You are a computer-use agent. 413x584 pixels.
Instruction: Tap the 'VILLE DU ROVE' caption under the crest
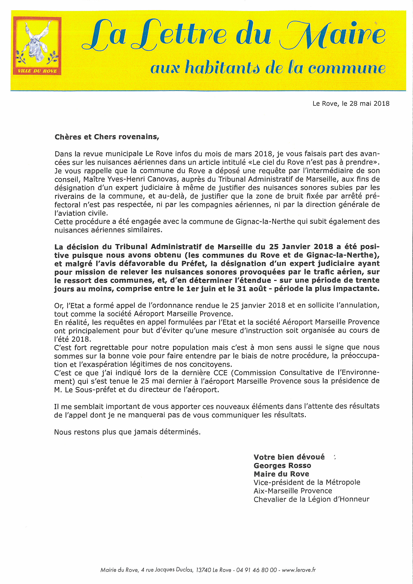click(37, 71)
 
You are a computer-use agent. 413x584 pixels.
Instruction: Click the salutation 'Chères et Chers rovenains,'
click(107, 137)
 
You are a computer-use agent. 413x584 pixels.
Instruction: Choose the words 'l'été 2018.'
click(72, 339)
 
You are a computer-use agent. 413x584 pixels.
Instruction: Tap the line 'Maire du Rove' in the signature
click(281, 474)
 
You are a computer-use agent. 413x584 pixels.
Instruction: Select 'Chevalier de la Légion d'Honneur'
click(311, 499)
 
